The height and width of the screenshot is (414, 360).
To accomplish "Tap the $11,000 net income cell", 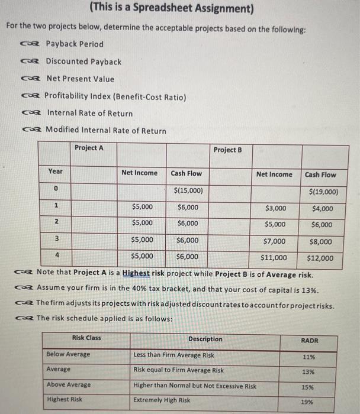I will (x=274, y=258).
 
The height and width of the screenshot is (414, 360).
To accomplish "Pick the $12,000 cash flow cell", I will (x=320, y=258).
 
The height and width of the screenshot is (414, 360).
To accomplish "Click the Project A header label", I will (x=89, y=147).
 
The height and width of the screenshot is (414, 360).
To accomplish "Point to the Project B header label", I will (x=227, y=150).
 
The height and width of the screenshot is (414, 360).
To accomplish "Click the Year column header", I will (x=55, y=172).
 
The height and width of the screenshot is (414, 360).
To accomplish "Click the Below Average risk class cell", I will (x=68, y=354).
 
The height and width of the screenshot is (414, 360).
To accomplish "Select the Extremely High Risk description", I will (x=162, y=400).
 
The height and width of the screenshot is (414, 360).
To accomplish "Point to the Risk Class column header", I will (x=86, y=338).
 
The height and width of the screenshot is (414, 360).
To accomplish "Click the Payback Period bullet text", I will (x=75, y=44).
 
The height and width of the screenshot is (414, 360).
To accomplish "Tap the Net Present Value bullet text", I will (x=80, y=79).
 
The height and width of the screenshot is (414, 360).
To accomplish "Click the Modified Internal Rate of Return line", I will (x=105, y=130).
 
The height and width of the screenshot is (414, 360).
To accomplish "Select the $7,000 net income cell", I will (x=274, y=241).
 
